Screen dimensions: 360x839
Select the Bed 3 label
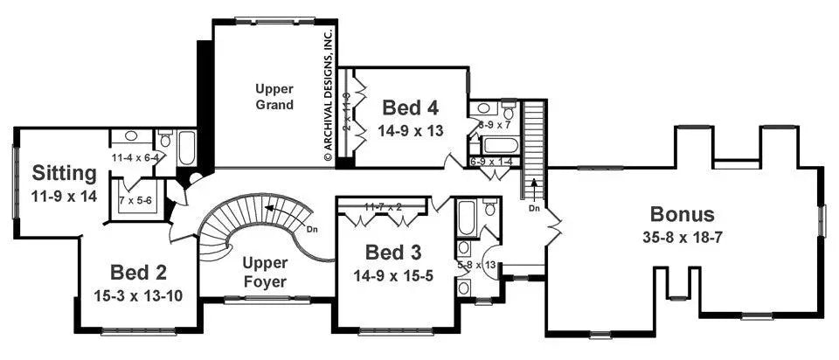click(x=392, y=253)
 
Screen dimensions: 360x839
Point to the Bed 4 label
click(x=409, y=108)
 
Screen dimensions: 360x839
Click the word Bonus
click(x=682, y=214)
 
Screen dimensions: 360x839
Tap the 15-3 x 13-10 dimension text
click(x=138, y=294)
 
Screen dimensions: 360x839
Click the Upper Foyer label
click(x=265, y=272)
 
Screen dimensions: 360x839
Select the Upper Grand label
click(x=274, y=97)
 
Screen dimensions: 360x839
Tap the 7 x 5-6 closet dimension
click(x=135, y=200)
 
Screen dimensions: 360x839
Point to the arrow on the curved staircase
click(x=272, y=209)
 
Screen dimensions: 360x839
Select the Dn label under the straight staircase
click(x=535, y=209)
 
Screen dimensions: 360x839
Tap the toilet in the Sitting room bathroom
click(x=165, y=140)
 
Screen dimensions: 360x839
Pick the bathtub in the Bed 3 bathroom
click(x=466, y=218)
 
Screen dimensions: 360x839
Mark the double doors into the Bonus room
click(x=551, y=228)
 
